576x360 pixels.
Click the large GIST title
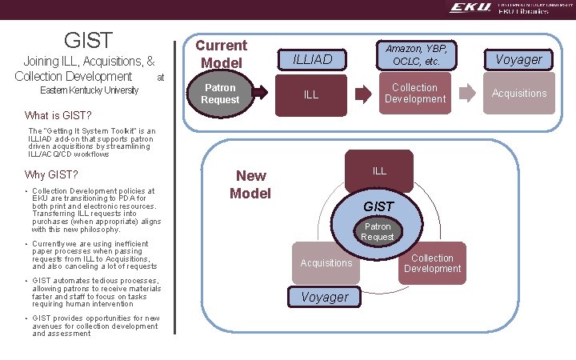(x=88, y=40)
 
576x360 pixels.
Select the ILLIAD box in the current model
(x=311, y=58)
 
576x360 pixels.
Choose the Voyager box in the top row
(x=519, y=58)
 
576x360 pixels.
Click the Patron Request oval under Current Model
(x=220, y=94)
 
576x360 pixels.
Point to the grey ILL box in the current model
(x=311, y=94)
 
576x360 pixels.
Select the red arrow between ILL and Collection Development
(x=362, y=94)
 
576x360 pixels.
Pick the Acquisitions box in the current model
(x=519, y=94)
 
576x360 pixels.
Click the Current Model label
(x=222, y=54)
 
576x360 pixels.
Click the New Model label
(x=250, y=184)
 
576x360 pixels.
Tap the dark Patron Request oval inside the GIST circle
(x=377, y=232)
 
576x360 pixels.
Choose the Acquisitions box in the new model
(x=326, y=263)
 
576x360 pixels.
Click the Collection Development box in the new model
(x=432, y=263)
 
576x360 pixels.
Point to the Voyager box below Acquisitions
(x=325, y=297)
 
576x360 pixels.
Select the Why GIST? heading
(x=52, y=175)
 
